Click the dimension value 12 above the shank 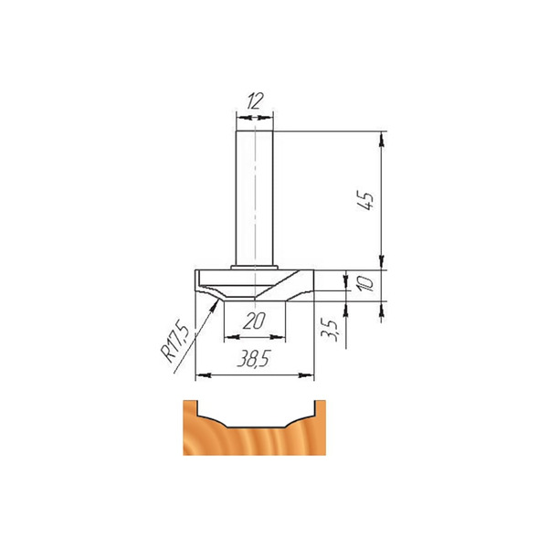(255, 101)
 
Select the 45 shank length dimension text (364, 200)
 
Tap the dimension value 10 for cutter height (365, 283)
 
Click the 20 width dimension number (254, 321)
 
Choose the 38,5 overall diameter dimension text (254, 358)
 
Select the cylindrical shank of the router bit (255, 198)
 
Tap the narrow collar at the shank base (255, 268)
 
